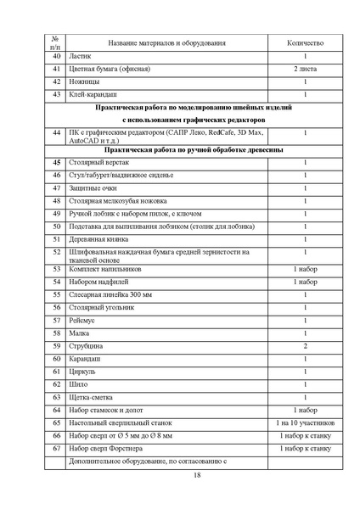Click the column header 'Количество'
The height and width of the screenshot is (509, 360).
pyautogui.click(x=305, y=42)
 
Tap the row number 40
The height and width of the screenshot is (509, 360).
pyautogui.click(x=56, y=55)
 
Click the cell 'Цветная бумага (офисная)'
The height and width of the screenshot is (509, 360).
pyautogui.click(x=110, y=69)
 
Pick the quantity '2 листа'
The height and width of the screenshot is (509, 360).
pyautogui.click(x=305, y=69)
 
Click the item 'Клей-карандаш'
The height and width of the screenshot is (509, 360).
pyautogui.click(x=93, y=95)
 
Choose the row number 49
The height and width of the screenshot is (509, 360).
pyautogui.click(x=56, y=214)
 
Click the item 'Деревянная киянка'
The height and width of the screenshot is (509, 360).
pyautogui.click(x=99, y=240)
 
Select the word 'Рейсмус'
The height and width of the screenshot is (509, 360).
pyautogui.click(x=83, y=320)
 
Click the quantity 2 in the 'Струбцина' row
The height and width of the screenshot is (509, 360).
pyautogui.click(x=305, y=346)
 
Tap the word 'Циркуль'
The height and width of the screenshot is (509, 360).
pyautogui.click(x=83, y=372)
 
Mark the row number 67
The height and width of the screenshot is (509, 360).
pyautogui.click(x=56, y=448)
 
